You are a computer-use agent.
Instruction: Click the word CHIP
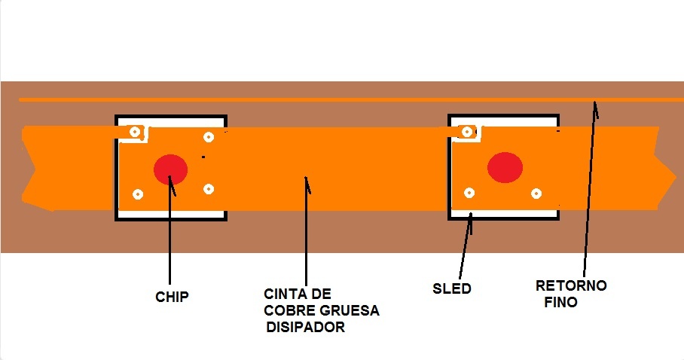171,297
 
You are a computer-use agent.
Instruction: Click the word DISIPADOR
306,328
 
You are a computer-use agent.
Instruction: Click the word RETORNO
571,286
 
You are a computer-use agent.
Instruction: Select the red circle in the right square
505,166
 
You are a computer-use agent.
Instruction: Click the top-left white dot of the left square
135,132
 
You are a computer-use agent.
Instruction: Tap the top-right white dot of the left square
209,136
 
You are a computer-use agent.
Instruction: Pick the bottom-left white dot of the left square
138,194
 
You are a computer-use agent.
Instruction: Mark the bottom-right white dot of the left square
209,189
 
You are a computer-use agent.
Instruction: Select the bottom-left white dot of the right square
469,194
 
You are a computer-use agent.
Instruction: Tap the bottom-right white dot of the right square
536,193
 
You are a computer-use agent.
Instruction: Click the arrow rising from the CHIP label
170,233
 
